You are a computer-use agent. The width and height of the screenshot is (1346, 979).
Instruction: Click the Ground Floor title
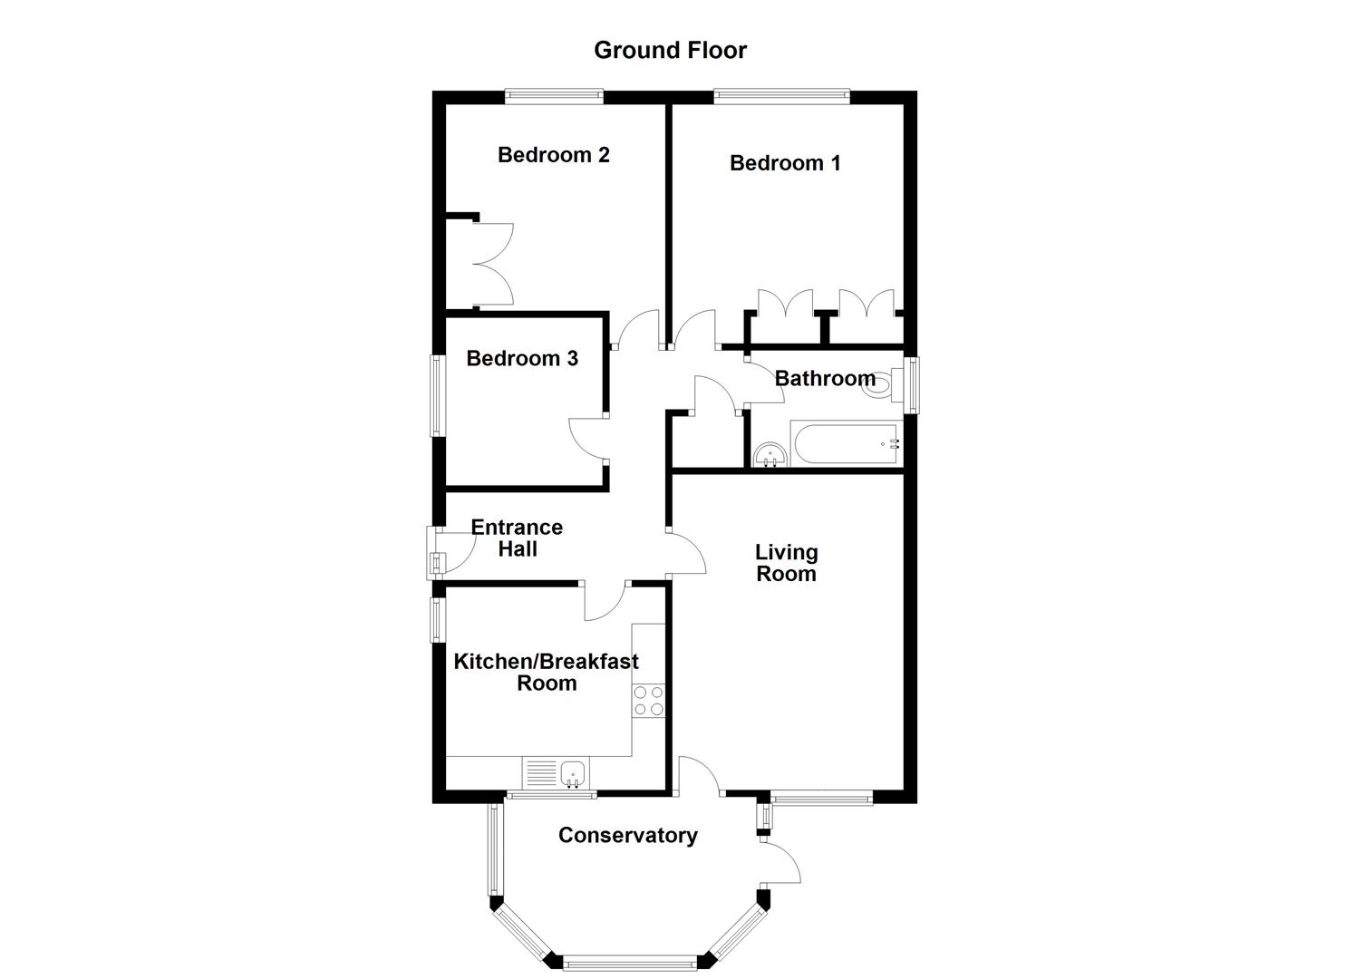tap(670, 50)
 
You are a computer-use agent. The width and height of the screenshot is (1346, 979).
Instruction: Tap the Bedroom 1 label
tap(785, 163)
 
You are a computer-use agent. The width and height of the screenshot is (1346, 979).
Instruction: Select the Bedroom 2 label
tap(553, 155)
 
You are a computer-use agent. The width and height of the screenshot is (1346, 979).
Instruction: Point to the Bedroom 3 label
tap(521, 359)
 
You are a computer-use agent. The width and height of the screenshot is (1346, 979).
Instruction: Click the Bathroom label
tap(825, 378)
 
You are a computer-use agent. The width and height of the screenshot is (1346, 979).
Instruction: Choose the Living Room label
tap(786, 563)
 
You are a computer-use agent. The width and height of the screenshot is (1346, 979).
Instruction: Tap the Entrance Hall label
tap(517, 538)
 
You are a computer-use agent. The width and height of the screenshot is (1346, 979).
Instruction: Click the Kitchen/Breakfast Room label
tap(546, 673)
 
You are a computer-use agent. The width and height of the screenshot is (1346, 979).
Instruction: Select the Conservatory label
tap(627, 836)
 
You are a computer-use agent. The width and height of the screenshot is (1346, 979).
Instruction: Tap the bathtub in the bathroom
tap(843, 444)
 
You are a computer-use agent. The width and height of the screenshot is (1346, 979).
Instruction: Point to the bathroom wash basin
tap(770, 453)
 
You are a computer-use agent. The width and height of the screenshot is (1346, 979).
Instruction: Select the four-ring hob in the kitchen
tap(648, 700)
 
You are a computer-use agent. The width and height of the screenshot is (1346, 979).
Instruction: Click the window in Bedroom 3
tap(436, 394)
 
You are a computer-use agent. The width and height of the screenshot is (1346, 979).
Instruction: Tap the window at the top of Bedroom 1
tap(781, 92)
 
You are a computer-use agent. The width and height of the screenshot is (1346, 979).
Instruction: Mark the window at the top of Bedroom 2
tap(554, 92)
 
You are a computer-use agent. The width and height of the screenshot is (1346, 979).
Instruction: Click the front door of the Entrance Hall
tap(435, 553)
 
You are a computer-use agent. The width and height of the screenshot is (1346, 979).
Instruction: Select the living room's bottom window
tap(820, 798)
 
